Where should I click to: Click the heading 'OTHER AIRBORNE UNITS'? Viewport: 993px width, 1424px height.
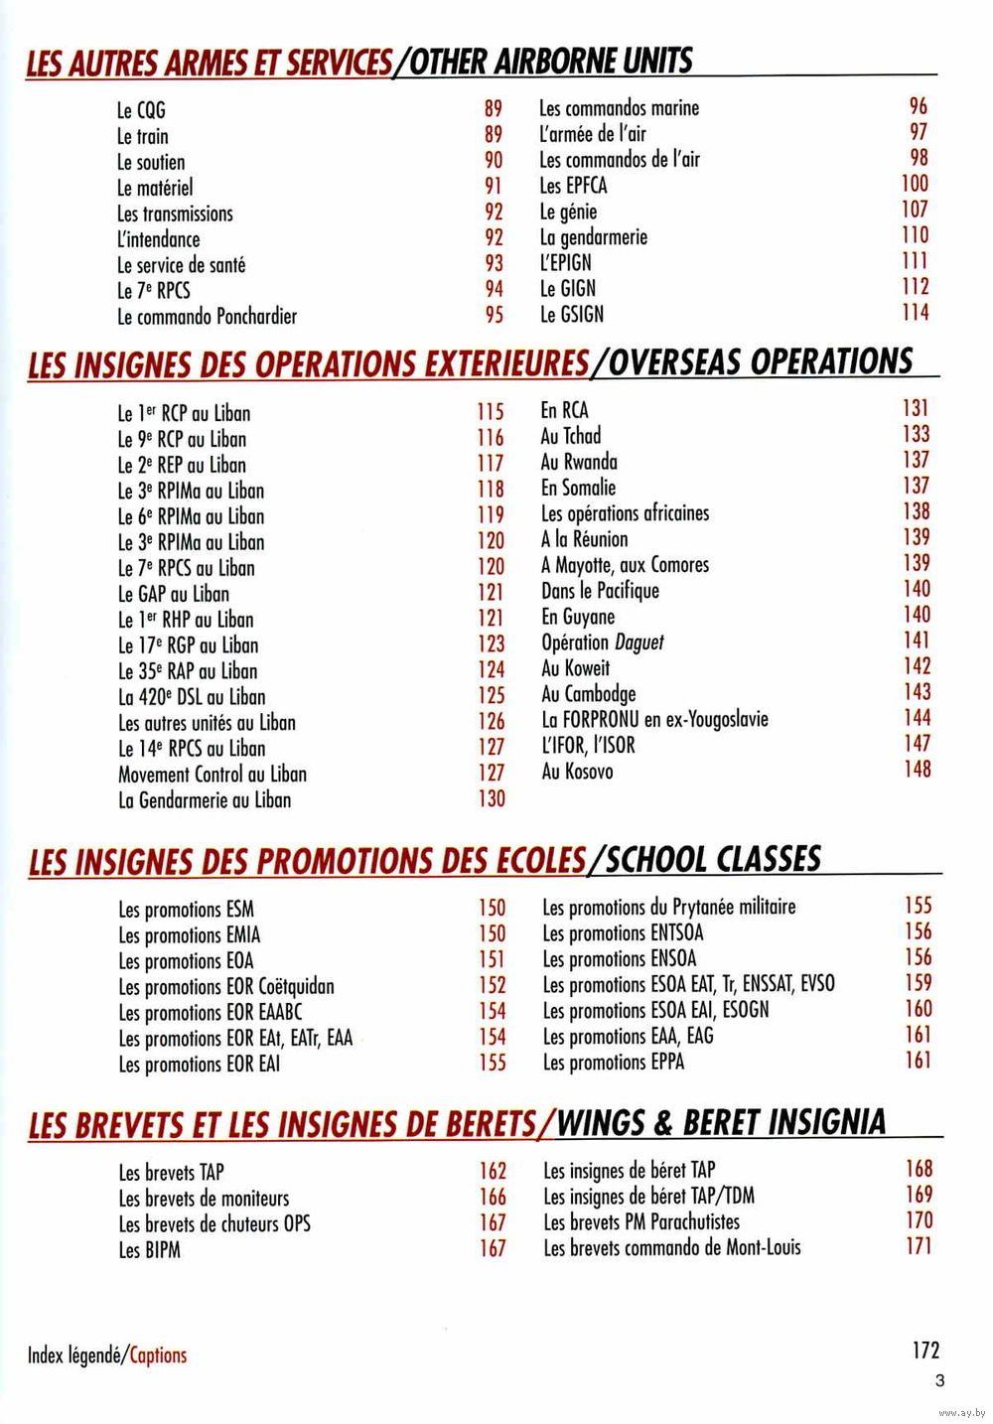pos(550,62)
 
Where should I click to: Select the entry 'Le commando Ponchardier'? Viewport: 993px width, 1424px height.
pos(207,317)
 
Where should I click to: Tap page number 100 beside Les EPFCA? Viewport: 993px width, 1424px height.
pos(915,184)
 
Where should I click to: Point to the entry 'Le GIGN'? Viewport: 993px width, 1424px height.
pos(568,289)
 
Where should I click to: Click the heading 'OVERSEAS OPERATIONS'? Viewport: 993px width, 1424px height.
pos(760,362)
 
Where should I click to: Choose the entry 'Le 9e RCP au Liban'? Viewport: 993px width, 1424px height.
pos(182,439)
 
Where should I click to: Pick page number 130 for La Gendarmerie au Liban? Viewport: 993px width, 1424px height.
pos(492,799)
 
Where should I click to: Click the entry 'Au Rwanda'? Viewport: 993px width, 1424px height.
pos(579,462)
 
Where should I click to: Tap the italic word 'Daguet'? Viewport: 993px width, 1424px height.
pos(638,642)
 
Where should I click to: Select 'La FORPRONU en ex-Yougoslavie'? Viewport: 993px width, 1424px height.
pos(654,720)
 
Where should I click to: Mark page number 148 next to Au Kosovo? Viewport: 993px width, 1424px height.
pos(917,769)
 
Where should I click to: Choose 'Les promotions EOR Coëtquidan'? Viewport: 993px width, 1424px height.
pos(226,987)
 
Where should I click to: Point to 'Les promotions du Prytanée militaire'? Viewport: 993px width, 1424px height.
pos(668,907)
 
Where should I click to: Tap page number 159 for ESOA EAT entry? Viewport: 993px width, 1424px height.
pos(919,983)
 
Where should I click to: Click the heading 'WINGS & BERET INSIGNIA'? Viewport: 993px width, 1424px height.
pos(721,1123)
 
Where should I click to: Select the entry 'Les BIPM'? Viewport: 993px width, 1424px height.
pos(149,1250)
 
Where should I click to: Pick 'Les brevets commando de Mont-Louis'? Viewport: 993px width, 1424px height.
pos(671,1248)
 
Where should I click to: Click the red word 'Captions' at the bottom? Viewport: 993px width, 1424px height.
pos(158,1355)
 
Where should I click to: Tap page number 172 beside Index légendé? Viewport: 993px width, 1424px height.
pos(925,1351)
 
